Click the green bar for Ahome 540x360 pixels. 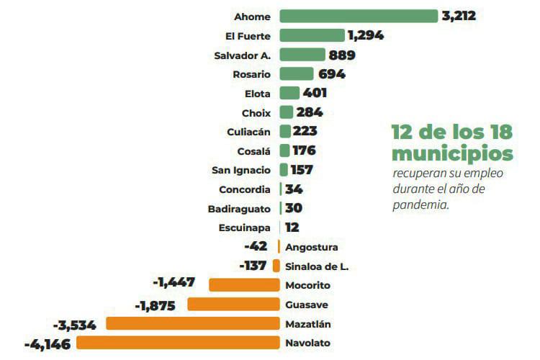pos(359,16)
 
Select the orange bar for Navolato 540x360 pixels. pos(178,343)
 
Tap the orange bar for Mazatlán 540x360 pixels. pos(193,323)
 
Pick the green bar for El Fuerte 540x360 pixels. pos(312,35)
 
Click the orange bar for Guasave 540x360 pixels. pos(233,304)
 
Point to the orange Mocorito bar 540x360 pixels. pos(244,284)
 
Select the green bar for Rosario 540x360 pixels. pos(296,73)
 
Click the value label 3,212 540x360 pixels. pos(459,15)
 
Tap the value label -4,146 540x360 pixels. pos(48,344)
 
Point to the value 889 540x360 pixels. pos(342,55)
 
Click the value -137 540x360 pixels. pos(253,266)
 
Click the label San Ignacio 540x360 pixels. pos(242,170)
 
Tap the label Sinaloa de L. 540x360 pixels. pos(317,266)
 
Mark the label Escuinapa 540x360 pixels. pos(245,228)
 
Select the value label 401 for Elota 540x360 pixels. pos(315,93)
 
